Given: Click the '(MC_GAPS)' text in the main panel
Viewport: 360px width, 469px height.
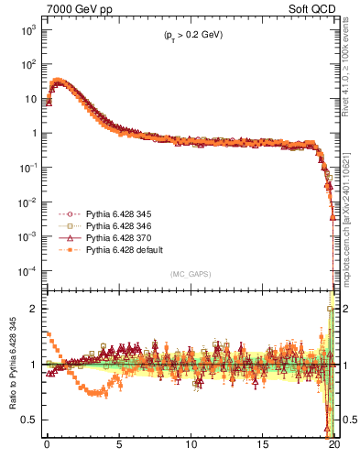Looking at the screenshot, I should pyautogui.click(x=189, y=274).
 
